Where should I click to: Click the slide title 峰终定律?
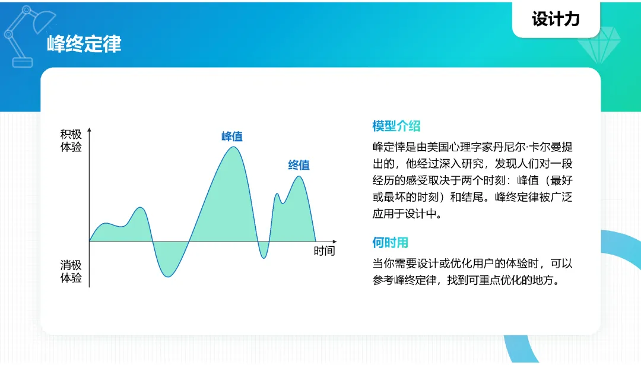(x=84, y=44)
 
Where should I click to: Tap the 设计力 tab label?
(x=556, y=19)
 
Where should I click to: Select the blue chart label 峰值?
(x=232, y=136)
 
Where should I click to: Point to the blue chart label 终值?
(x=299, y=165)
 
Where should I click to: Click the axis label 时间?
(x=324, y=250)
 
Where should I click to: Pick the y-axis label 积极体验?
(x=71, y=140)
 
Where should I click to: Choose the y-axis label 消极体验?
(x=71, y=271)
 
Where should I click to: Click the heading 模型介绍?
(x=396, y=126)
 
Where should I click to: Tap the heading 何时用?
(x=390, y=242)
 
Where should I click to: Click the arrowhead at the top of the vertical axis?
(x=89, y=130)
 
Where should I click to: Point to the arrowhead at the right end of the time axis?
(x=334, y=242)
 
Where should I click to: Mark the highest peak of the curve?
(x=233, y=147)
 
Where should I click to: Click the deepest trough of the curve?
(x=167, y=277)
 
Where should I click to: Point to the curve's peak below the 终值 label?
(x=299, y=176)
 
